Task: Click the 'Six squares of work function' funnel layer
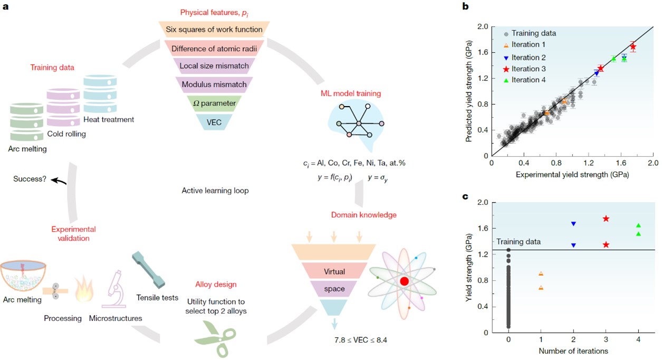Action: (214, 29)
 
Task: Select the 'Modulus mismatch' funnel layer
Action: (214, 84)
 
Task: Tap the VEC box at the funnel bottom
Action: (214, 122)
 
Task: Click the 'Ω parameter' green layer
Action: (214, 103)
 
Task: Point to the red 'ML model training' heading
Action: (351, 93)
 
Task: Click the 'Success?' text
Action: (30, 179)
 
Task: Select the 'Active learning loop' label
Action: (215, 191)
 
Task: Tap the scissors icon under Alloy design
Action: (215, 338)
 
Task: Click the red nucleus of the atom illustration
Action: (404, 281)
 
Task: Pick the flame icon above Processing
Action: (84, 289)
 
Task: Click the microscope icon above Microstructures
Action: (114, 289)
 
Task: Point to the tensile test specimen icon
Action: (149, 270)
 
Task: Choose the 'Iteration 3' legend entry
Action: (524, 69)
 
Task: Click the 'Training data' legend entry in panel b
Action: (530, 33)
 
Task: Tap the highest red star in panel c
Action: (606, 219)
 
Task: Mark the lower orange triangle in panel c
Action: (541, 288)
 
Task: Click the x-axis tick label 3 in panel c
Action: (606, 339)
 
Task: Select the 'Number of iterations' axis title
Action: (573, 351)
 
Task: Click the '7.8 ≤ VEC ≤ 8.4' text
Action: (361, 340)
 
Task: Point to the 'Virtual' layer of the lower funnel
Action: (334, 271)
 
